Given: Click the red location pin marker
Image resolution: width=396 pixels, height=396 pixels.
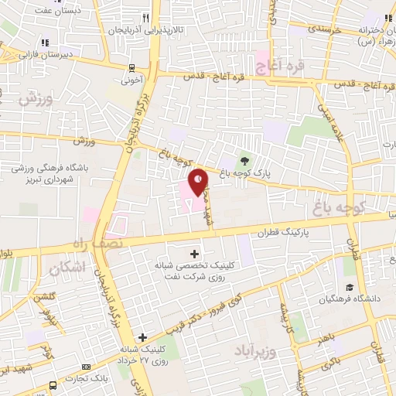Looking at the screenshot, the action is [199, 182].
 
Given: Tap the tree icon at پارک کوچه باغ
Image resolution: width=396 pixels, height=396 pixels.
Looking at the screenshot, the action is [245, 161].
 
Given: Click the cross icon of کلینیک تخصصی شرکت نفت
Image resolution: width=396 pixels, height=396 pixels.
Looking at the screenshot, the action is [193, 253].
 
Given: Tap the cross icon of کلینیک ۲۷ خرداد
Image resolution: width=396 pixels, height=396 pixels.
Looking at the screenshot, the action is [142, 337].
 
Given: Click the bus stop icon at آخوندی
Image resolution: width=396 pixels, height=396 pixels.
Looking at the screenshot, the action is [132, 67].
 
